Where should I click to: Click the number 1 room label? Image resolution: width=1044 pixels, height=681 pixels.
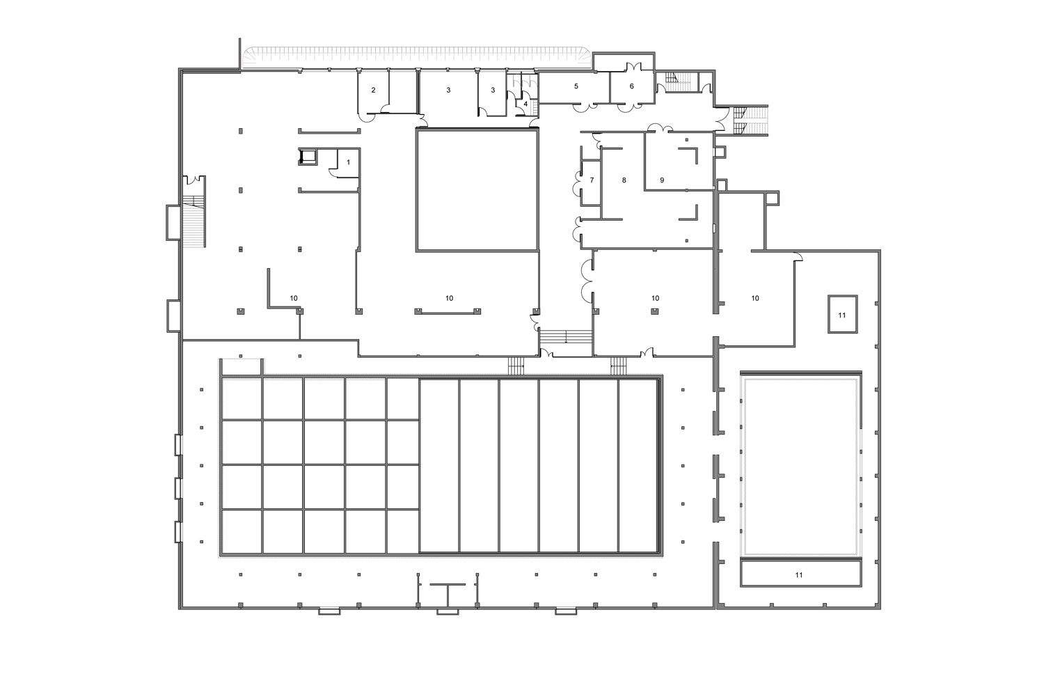coord(348,162)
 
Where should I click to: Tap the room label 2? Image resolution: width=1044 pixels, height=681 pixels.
coord(373,90)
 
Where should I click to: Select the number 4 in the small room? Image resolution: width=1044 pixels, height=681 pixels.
coord(525,104)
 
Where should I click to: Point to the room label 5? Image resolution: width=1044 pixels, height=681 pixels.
coord(576,86)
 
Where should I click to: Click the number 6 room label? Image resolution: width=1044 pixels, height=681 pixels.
coord(632,86)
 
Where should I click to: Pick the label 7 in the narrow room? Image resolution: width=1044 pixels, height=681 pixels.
coord(592,180)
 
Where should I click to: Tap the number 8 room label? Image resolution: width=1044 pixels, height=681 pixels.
coord(624,180)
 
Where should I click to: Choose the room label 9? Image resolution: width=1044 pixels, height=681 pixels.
coord(662,180)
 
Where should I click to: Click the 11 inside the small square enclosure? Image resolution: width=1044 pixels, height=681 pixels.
coord(842,315)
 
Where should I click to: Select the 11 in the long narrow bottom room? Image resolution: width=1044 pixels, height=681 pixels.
coord(799,575)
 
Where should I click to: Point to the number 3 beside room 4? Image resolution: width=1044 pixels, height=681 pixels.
coord(493,90)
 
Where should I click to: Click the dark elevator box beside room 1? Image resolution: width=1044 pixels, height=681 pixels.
coord(308,157)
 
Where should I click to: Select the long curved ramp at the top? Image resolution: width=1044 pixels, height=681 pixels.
coord(417,58)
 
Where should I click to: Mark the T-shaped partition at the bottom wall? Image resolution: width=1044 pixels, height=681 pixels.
coord(448,594)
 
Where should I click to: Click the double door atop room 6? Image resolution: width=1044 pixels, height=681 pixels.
coord(633,68)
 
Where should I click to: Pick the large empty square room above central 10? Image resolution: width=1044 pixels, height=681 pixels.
coord(477,190)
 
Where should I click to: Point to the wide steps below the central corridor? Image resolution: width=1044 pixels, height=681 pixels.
coord(566,337)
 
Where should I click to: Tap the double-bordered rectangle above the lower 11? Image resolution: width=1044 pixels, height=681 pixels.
coord(800,467)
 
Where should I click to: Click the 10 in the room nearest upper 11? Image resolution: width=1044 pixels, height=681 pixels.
coord(755,298)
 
